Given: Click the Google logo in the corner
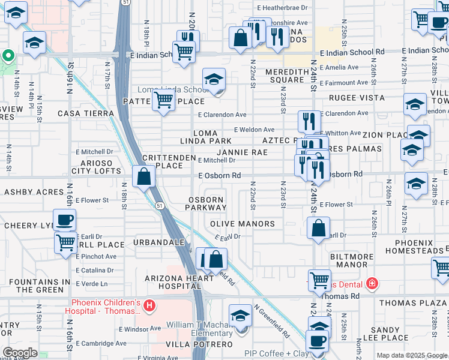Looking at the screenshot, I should [20, 353].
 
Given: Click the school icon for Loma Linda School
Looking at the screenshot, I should [214, 79].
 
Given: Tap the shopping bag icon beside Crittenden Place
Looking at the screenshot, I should [143, 176].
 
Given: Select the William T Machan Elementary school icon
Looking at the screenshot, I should [240, 315].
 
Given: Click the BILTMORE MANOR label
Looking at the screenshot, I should [352, 260].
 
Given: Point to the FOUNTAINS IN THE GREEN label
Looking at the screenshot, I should [36, 286].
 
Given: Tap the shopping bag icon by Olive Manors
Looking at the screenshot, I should [319, 227].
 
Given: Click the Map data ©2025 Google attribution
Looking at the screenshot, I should [412, 355].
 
